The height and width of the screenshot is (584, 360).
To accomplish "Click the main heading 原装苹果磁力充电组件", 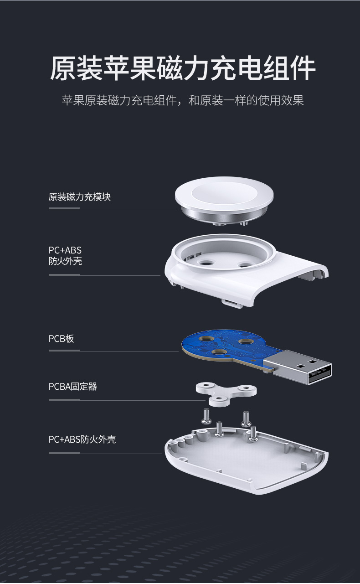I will pos(182,68).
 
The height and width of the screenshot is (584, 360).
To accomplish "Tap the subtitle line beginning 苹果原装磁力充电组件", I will pos(182,100).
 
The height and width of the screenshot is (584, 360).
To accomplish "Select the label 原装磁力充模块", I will pos(79,197).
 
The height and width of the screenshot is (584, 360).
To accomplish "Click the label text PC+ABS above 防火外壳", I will pos(65,250).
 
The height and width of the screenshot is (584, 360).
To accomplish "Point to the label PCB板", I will pos(61,339).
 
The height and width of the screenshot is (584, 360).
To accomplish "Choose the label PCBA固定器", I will pos(73,387).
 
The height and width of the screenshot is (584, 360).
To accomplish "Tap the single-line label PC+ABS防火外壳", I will pos(82,439).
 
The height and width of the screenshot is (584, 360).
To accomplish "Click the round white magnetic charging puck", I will pos(224,196).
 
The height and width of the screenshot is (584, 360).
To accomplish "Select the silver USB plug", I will pos(298,367).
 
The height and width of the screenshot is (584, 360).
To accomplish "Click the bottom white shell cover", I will pos(246,465).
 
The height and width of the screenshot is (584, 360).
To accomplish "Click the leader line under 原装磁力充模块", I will pos(112,209).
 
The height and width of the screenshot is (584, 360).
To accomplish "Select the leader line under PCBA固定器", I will pos(128,400).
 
